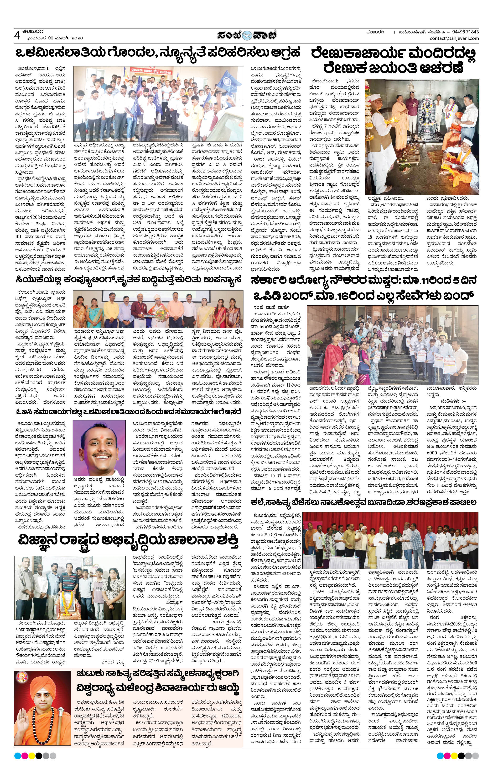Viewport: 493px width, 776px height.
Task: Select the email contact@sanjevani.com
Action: [x=454, y=38]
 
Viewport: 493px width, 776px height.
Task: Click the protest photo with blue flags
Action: [x=158, y=104]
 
